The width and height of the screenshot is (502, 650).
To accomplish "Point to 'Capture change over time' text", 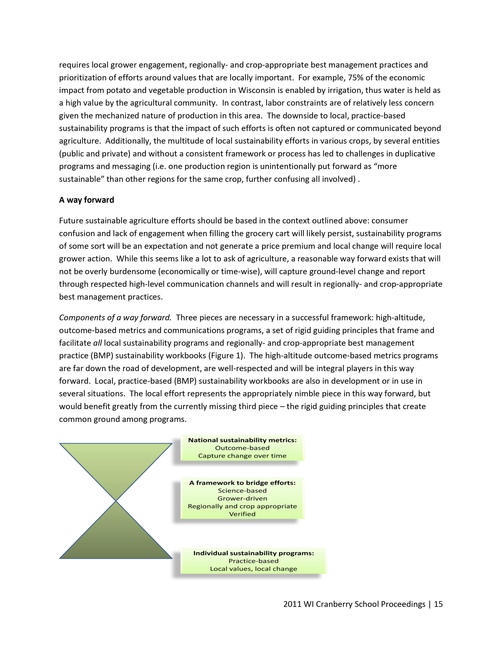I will (x=242, y=456).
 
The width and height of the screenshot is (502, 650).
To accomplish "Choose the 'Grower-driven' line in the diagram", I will (x=242, y=498).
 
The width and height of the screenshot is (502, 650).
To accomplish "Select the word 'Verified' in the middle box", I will (x=242, y=514).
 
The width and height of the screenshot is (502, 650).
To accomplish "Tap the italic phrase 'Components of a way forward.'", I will (x=115, y=318).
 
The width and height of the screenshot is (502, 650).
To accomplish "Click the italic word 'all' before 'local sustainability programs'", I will (x=97, y=343).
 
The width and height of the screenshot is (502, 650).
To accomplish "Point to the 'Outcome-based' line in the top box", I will (x=242, y=448).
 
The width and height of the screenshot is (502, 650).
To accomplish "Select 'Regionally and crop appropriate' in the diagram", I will (x=242, y=506).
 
